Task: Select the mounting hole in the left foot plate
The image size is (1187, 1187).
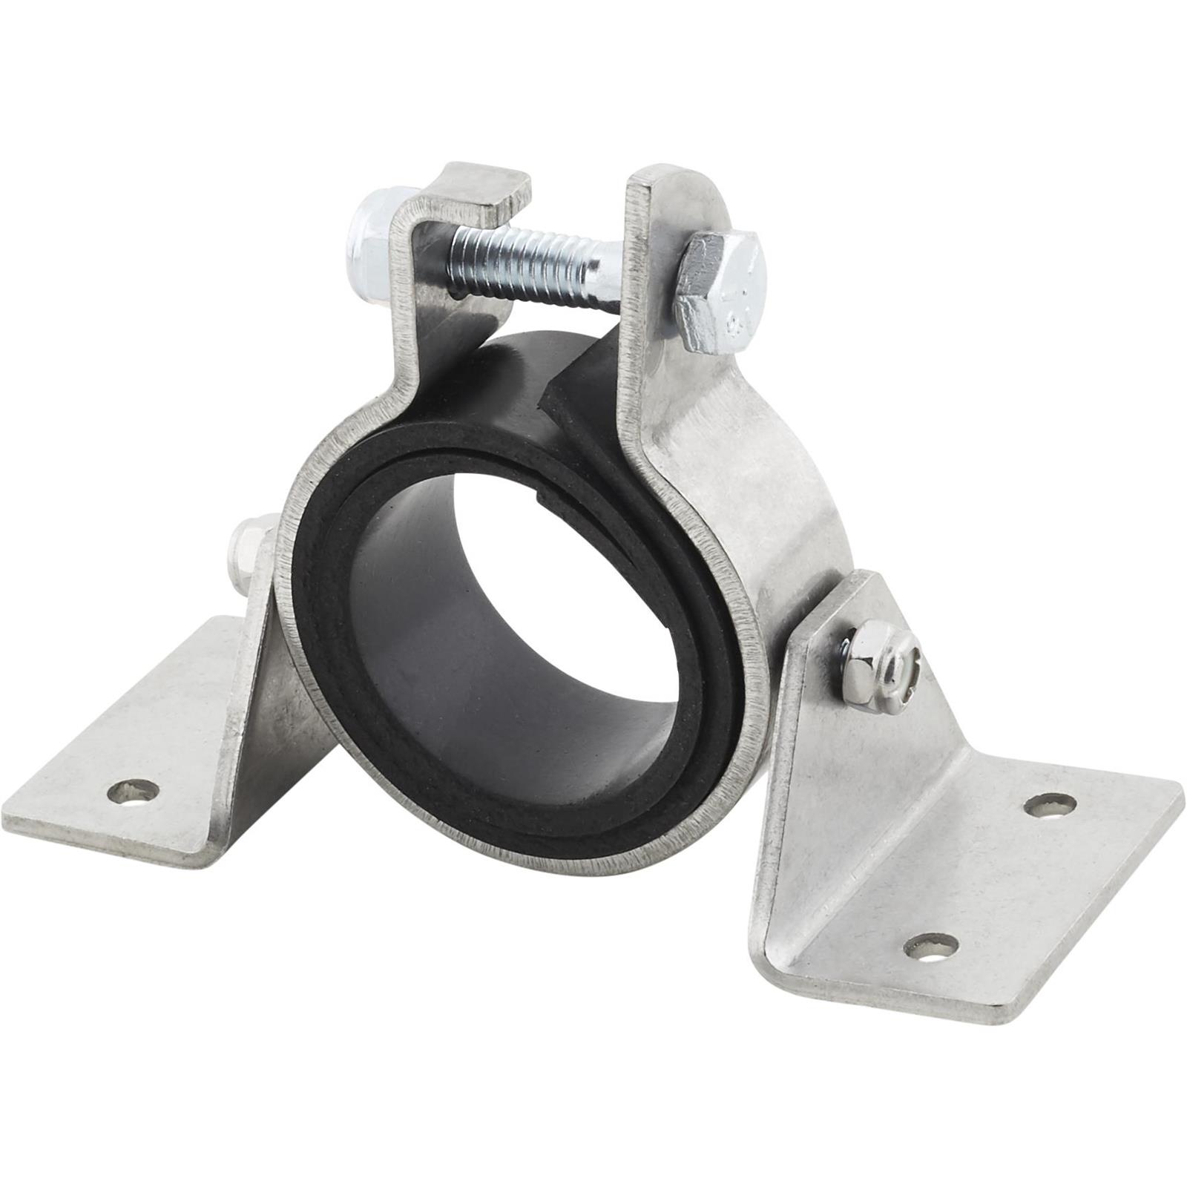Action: (134, 795)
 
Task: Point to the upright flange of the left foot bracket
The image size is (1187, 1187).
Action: (252, 653)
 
